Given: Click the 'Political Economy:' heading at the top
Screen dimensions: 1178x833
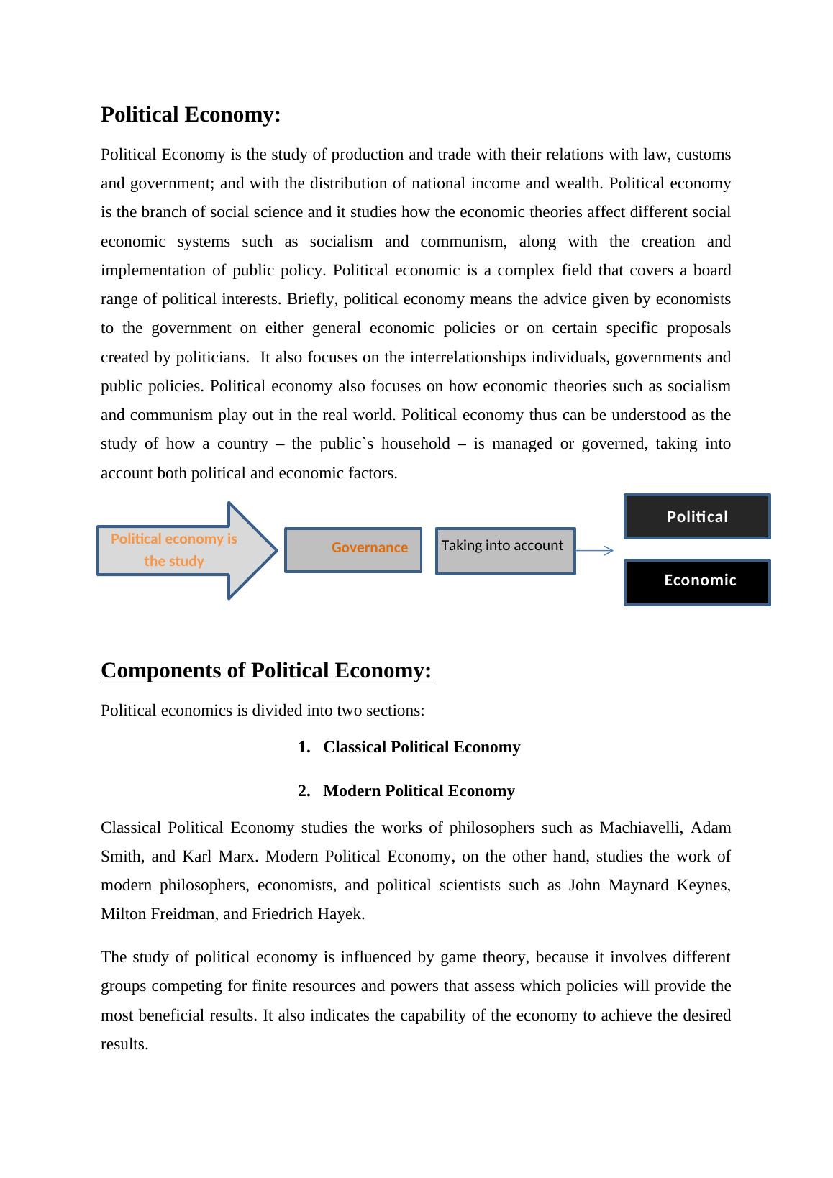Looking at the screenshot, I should click(191, 115).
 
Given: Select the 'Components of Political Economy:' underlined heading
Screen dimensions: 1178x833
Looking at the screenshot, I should click(266, 670).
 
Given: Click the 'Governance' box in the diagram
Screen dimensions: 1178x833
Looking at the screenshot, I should click(353, 549).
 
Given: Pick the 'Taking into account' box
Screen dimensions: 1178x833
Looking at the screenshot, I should click(505, 551).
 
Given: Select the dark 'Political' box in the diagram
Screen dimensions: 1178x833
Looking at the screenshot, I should click(696, 516).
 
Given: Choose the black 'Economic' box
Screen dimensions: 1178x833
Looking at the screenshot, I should click(696, 582).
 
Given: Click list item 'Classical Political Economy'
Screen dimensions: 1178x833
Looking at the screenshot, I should click(422, 747).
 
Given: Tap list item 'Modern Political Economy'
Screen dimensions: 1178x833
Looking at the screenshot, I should click(419, 791).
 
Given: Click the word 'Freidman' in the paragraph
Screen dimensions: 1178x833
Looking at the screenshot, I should click(188, 914).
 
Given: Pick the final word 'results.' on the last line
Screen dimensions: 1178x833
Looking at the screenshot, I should click(124, 1044).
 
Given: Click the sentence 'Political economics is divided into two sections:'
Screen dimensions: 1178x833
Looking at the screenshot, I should click(263, 711).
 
